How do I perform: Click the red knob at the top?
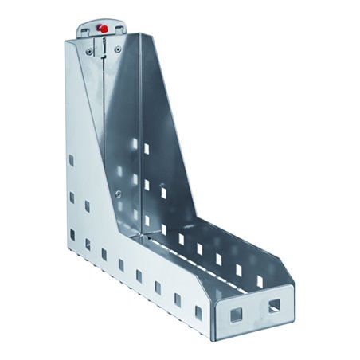pyautogui.click(x=101, y=28)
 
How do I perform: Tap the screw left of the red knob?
pyautogui.click(x=88, y=49)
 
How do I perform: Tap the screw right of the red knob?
pyautogui.click(x=118, y=49)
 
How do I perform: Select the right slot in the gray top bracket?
pyautogui.click(x=116, y=30)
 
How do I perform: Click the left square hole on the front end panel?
pyautogui.click(x=236, y=315)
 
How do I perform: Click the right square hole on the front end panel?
pyautogui.click(x=274, y=305)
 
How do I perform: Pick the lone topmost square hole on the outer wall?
pyautogui.click(x=72, y=160)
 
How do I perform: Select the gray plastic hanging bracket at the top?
pyautogui.click(x=101, y=29)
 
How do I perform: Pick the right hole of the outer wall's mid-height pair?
pyautogui.click(x=87, y=205)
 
